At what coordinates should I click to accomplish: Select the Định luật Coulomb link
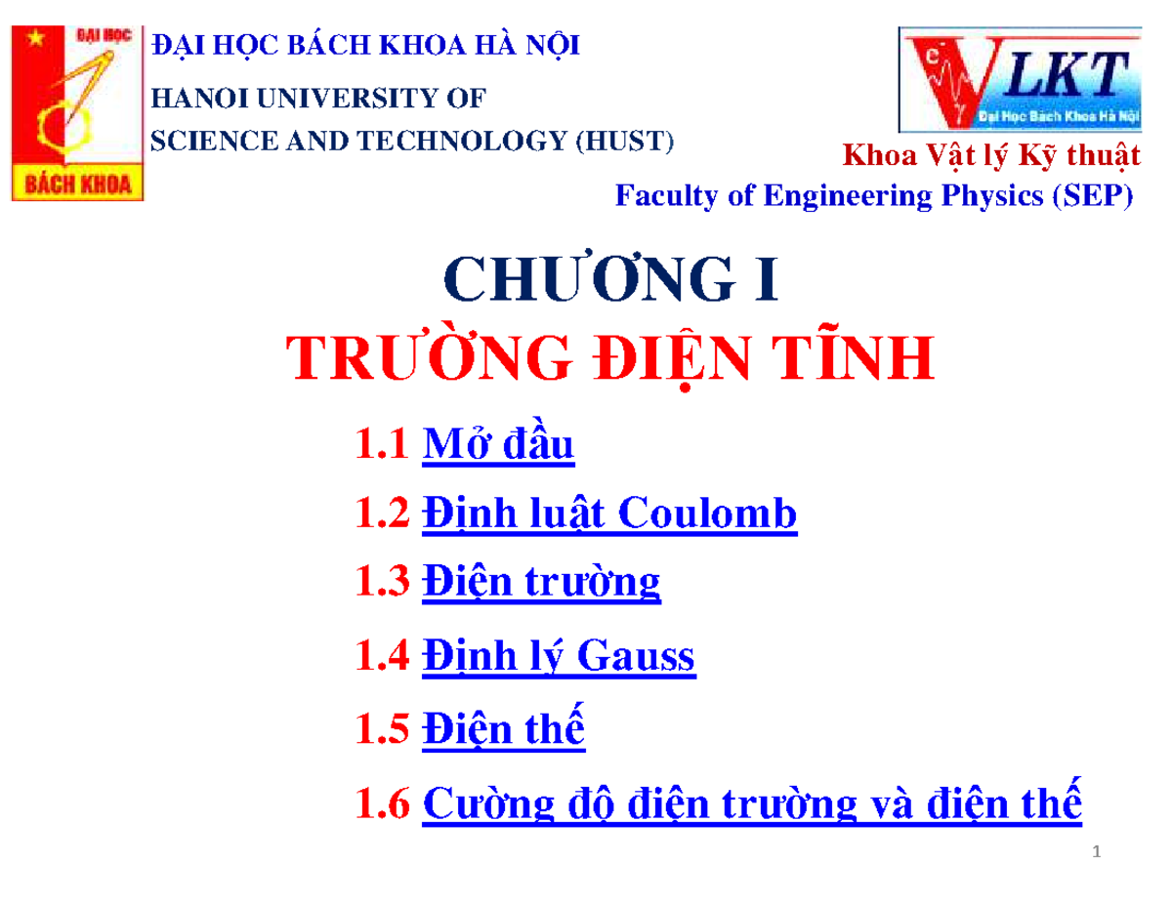point(609,514)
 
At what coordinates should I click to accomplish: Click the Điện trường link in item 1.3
point(541,583)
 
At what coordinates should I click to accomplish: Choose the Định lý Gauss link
point(558,656)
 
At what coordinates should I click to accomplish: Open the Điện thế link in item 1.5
point(503,729)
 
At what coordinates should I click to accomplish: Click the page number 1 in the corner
point(1097,855)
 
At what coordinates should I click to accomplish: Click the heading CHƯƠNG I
point(612,281)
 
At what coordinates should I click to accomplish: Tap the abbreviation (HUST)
point(623,142)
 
